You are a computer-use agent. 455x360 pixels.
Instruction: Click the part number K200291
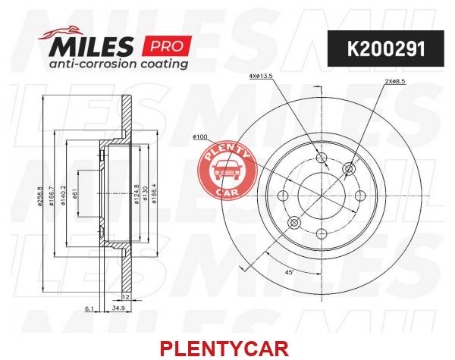pyautogui.click(x=386, y=49)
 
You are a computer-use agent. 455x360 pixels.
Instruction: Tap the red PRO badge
pyautogui.click(x=167, y=46)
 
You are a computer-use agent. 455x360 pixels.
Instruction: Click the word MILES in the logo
pyautogui.click(x=92, y=46)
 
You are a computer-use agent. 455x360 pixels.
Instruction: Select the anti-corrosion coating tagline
pyautogui.click(x=118, y=64)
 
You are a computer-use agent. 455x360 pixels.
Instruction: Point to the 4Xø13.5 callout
pyautogui.click(x=261, y=77)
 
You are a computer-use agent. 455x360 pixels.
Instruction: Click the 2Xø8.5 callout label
pyautogui.click(x=394, y=82)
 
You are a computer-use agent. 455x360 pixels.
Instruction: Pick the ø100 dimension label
pyautogui.click(x=200, y=136)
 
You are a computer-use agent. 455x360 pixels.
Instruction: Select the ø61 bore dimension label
pyautogui.click(x=74, y=194)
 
